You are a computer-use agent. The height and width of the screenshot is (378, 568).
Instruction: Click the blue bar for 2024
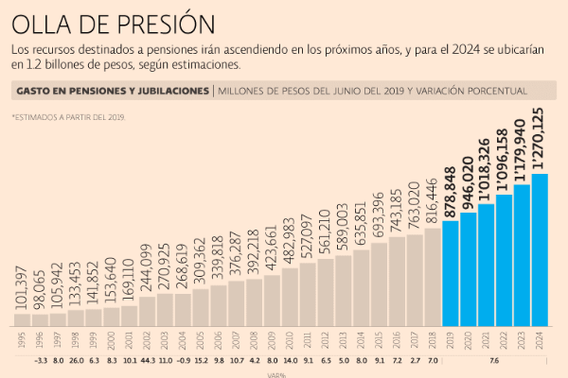(540, 249)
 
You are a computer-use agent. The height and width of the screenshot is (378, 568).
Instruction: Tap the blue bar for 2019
(451, 273)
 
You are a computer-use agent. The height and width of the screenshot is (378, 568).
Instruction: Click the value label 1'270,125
(539, 139)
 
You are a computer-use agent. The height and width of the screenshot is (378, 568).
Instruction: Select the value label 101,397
(21, 283)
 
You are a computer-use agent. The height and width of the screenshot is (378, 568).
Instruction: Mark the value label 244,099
(146, 268)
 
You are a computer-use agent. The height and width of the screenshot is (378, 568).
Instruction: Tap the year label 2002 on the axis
(146, 340)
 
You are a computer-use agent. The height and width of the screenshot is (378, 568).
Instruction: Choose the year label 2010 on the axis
(289, 340)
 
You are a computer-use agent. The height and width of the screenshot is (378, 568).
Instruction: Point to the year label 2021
(487, 340)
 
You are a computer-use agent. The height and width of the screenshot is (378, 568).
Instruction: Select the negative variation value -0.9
(182, 360)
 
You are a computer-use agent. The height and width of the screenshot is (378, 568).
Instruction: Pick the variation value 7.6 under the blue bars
(495, 360)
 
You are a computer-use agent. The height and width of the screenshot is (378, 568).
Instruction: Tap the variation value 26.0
(75, 360)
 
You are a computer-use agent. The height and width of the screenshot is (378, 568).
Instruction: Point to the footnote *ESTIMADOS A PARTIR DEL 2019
(68, 117)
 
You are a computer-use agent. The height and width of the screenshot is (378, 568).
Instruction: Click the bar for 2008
(253, 302)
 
